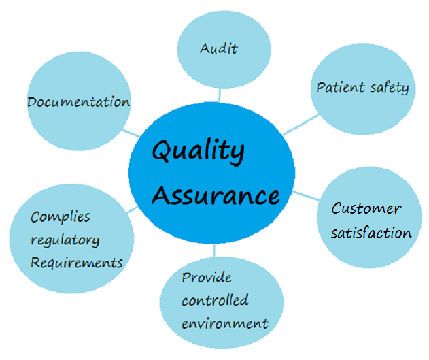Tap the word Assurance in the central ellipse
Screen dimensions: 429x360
click(215, 195)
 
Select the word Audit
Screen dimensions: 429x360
click(218, 49)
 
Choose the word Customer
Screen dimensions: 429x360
click(366, 209)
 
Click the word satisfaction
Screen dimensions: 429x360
click(371, 233)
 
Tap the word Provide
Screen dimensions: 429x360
click(207, 278)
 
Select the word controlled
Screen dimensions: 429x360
click(215, 300)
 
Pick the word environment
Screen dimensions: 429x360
click(224, 323)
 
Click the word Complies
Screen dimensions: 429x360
click(61, 217)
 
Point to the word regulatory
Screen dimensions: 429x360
click(65, 240)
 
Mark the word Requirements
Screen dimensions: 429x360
click(77, 262)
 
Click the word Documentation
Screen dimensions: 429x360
click(78, 102)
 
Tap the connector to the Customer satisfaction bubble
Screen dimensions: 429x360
click(306, 196)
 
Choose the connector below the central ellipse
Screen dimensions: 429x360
click(215, 250)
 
